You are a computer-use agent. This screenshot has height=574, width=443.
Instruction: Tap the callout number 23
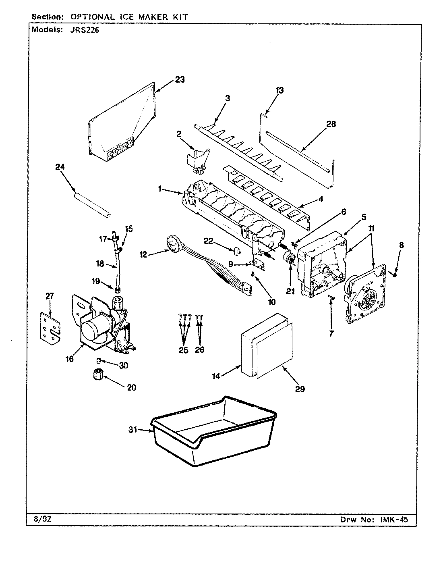click(x=180, y=79)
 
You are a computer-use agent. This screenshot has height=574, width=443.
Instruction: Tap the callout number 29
click(x=299, y=389)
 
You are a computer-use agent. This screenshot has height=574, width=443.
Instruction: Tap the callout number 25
click(x=183, y=350)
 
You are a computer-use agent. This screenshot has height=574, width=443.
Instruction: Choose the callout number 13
click(x=279, y=90)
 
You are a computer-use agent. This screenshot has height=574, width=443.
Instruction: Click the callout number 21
click(x=290, y=291)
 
